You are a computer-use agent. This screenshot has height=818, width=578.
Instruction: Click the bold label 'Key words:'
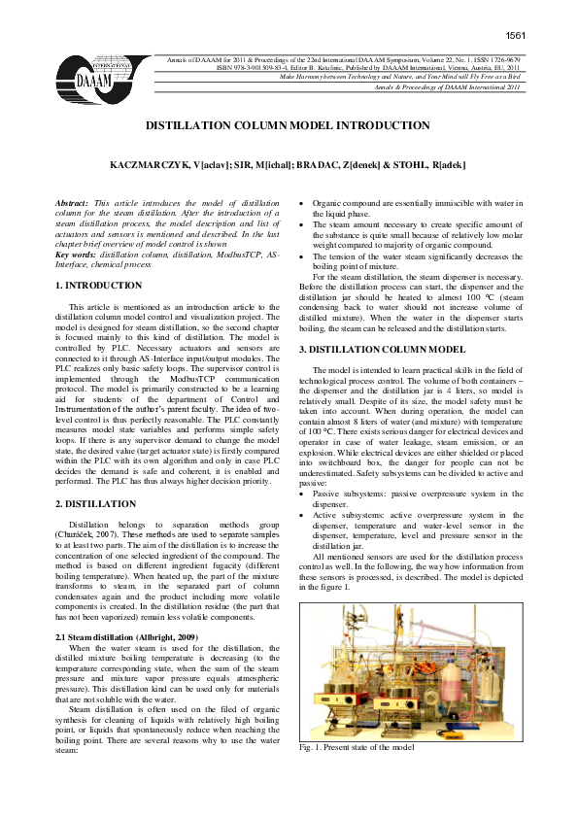coord(76,253)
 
